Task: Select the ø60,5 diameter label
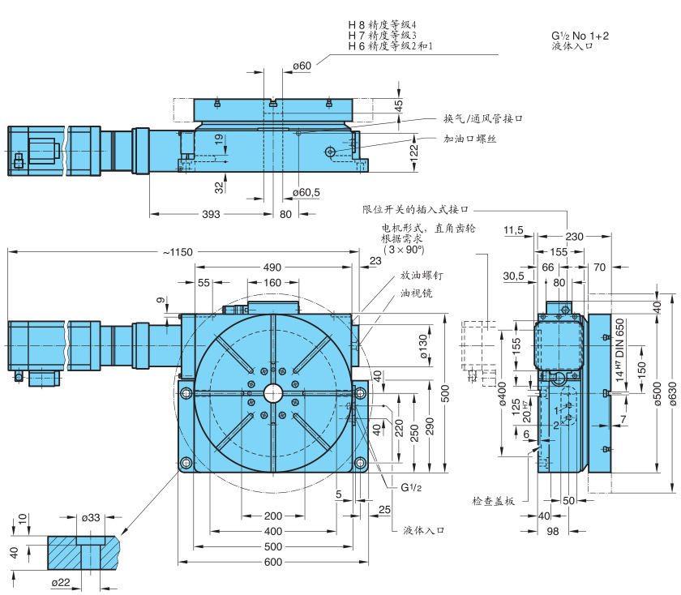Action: tap(306, 192)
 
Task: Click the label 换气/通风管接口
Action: tap(482, 118)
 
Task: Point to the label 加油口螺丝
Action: tap(471, 139)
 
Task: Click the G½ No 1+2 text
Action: tap(580, 36)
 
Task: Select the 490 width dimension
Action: tap(272, 268)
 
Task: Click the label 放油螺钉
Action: tap(421, 276)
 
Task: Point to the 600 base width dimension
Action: tap(272, 562)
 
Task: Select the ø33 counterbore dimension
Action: tap(92, 516)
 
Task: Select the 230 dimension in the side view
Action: tap(574, 237)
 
